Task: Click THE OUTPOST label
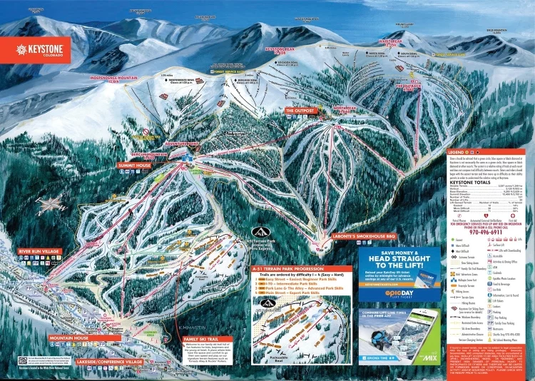coord(300,111)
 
